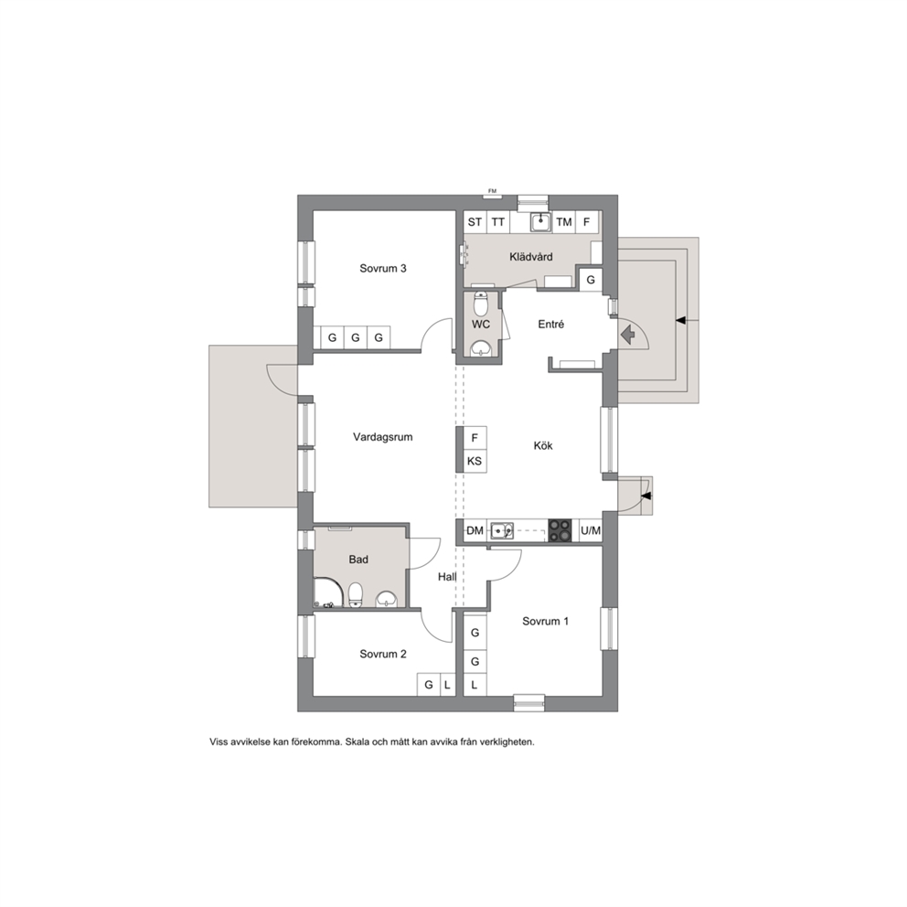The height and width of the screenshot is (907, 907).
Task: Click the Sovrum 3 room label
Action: pos(383,269)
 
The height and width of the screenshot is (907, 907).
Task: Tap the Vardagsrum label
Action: pos(383,437)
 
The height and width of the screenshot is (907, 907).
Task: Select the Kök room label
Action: pos(543,446)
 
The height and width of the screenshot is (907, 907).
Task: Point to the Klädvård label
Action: pos(531,257)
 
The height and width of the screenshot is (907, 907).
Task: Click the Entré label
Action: pos(550,325)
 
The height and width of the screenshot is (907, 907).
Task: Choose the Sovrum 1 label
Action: pos(546,621)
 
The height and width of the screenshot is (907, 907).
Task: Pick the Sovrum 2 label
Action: pos(383,655)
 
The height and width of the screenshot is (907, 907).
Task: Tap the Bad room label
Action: pos(358,560)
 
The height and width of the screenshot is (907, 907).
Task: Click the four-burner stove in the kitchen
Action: pos(560,530)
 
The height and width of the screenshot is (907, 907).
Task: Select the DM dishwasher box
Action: pos(475,530)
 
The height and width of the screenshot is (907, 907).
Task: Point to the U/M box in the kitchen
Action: pos(591,530)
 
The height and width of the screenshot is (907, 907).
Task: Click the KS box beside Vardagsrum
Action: pos(475,462)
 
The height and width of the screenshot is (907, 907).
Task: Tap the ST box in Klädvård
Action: pos(475,222)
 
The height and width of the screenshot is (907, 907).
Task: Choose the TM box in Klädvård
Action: pos(564,222)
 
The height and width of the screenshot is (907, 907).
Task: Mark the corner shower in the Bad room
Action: pos(328,592)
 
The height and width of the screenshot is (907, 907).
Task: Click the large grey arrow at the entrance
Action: pos(627,335)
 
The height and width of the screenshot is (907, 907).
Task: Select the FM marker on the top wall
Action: pos(492,191)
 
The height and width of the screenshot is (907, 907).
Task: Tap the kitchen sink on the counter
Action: pos(502,530)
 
